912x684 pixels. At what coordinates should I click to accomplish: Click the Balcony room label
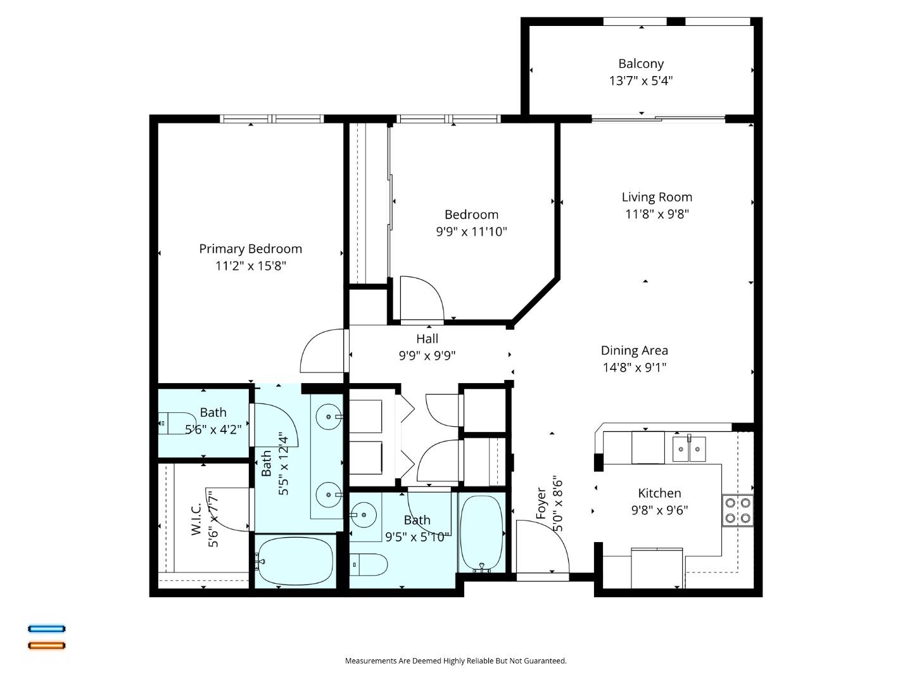[641, 63]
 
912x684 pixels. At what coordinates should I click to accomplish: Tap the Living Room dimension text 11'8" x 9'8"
[657, 214]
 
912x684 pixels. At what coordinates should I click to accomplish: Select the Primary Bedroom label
[251, 249]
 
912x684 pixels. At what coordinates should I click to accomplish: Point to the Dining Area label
[635, 350]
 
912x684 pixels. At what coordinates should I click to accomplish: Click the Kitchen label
[659, 493]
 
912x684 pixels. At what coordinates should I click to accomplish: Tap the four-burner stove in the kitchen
[737, 511]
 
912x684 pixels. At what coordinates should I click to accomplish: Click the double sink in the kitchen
[689, 448]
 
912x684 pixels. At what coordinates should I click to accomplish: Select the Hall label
[427, 338]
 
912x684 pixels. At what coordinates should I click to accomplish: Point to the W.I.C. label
[196, 519]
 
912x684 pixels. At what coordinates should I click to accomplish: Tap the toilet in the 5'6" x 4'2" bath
[177, 424]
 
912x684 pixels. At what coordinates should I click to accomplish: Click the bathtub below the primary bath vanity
[295, 560]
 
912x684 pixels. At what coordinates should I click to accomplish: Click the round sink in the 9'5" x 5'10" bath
[364, 515]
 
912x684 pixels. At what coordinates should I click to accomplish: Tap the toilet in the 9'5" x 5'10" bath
[369, 565]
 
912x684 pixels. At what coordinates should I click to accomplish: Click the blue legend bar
[46, 629]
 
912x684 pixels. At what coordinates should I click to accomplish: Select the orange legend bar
[46, 646]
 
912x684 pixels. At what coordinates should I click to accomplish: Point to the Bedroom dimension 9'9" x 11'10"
[472, 231]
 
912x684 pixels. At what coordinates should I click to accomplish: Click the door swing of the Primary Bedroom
[322, 351]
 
